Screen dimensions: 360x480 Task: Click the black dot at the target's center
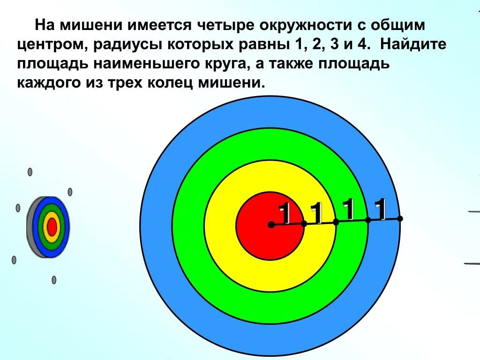(x=271, y=225)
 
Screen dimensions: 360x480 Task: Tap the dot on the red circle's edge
(x=304, y=224)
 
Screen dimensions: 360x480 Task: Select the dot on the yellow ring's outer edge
(x=336, y=222)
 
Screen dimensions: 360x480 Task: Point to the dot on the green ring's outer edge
(x=368, y=220)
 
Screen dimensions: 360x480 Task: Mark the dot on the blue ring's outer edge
(x=400, y=218)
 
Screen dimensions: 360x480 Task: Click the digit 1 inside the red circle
(x=285, y=214)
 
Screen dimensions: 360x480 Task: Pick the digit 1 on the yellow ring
(x=317, y=214)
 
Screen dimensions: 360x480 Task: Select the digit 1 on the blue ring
(x=381, y=209)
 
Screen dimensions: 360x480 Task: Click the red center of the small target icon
(x=52, y=227)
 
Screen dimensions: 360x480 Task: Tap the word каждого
(x=51, y=84)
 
